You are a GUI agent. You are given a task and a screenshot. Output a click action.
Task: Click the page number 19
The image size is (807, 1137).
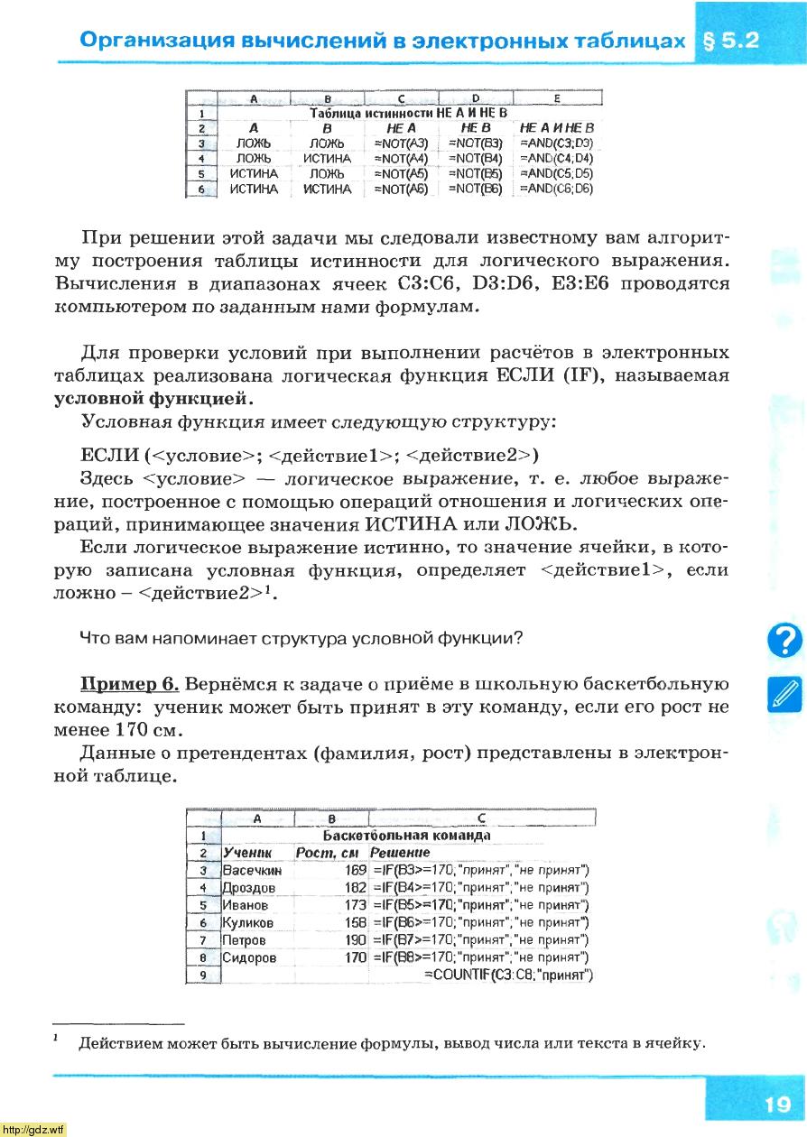[775, 1104]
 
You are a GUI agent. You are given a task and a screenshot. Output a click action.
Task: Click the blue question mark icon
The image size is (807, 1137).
[784, 639]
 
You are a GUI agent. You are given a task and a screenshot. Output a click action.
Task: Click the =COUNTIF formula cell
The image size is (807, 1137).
[507, 975]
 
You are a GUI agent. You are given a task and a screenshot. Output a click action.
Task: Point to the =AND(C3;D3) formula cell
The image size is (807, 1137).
[556, 143]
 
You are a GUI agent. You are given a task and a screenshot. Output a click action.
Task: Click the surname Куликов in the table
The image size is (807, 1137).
[248, 923]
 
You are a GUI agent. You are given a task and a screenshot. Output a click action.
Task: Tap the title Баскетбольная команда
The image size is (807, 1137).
[406, 836]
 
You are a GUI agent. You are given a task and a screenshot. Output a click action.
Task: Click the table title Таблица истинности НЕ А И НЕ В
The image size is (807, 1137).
[408, 114]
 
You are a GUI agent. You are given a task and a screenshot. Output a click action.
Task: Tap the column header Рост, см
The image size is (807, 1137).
[328, 853]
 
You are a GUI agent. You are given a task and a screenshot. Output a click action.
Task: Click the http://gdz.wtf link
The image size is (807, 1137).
[34, 1129]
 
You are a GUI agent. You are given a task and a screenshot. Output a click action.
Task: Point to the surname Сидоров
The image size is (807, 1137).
[249, 958]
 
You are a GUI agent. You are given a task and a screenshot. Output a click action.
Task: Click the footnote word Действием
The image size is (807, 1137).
[123, 1044]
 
